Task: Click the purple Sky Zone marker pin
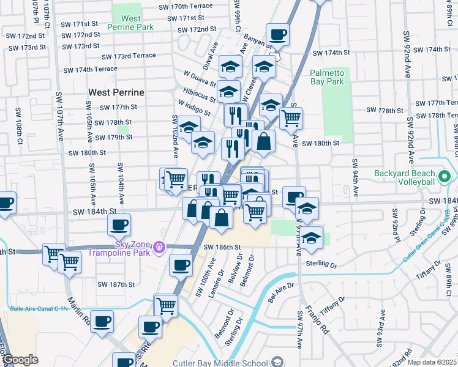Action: (159, 247)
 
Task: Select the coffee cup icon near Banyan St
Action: (277, 35)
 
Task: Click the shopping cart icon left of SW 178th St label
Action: (291, 117)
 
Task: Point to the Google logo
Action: (21, 360)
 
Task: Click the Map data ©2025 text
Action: (432, 362)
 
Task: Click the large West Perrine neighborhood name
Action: (116, 92)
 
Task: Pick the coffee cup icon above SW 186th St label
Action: (180, 265)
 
